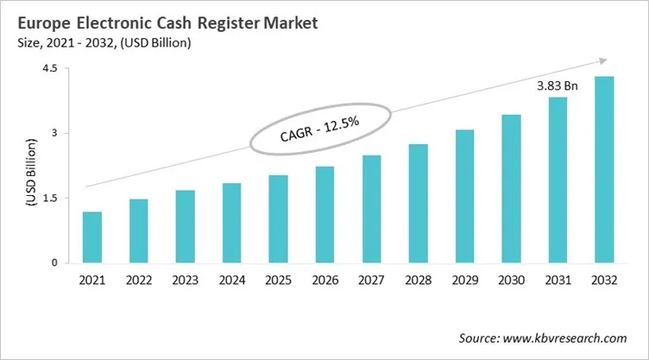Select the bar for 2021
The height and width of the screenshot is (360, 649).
(x=92, y=237)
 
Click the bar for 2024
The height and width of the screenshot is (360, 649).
(x=232, y=223)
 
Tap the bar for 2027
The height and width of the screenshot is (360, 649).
(x=372, y=209)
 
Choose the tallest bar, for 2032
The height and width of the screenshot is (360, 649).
(x=605, y=169)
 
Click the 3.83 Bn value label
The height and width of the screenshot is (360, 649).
(x=558, y=86)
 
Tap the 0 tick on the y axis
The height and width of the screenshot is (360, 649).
(x=54, y=262)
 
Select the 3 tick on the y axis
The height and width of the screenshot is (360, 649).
(x=54, y=133)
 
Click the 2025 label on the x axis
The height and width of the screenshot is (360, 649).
(x=279, y=280)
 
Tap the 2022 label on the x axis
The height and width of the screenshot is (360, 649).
(x=139, y=280)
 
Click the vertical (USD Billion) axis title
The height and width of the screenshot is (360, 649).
(x=28, y=167)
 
